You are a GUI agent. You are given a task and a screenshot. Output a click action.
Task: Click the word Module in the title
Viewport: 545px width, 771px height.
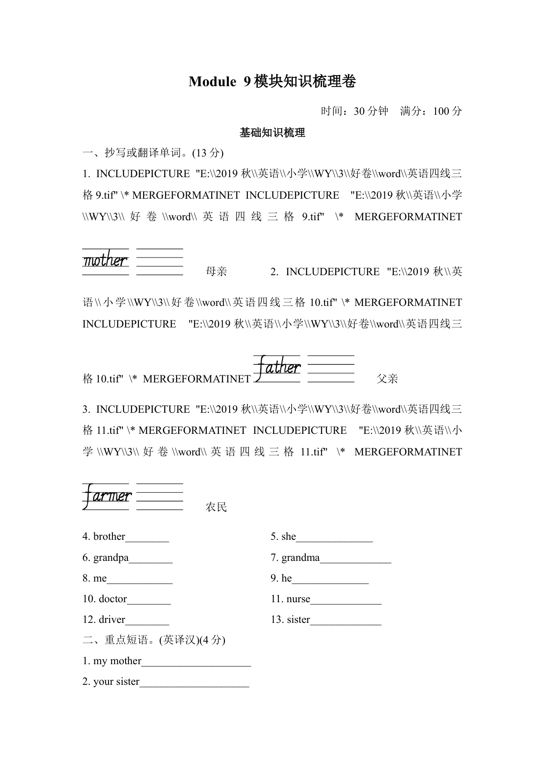(212, 82)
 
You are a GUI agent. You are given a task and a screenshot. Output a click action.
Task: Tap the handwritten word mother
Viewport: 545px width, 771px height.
(105, 261)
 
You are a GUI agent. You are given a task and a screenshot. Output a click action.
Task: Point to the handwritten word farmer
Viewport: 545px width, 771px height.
(107, 496)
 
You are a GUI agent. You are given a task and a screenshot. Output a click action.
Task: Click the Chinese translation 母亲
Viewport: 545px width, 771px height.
(216, 272)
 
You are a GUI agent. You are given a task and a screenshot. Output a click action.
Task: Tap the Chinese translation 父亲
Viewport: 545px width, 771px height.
(387, 379)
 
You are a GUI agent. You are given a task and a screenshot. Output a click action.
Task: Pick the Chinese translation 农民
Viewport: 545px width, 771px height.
(216, 507)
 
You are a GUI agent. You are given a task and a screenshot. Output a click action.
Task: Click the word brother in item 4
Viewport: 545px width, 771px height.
(109, 536)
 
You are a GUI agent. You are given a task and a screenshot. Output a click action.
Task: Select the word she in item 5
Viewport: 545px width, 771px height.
(289, 536)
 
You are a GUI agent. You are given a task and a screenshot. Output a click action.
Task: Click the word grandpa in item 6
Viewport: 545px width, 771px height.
(111, 557)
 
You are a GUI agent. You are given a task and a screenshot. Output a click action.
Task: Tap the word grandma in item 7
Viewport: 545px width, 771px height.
(300, 557)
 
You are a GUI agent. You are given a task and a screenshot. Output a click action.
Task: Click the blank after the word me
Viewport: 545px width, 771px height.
(140, 579)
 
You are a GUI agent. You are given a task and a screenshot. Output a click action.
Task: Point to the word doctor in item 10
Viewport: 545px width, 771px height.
(113, 599)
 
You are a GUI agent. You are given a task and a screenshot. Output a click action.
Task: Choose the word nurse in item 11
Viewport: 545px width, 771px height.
(298, 599)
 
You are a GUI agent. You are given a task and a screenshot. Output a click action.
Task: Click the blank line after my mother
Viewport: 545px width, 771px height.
(196, 662)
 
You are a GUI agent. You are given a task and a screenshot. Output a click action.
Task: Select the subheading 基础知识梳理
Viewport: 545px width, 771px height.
(272, 133)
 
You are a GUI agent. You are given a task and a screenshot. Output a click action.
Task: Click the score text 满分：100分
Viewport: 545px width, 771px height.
(431, 111)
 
